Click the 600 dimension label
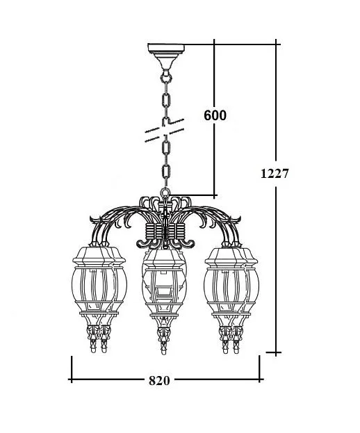(x=215, y=116)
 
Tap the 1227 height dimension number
(x=275, y=173)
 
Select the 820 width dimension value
(x=159, y=380)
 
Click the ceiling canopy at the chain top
(x=166, y=51)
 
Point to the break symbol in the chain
(x=166, y=130)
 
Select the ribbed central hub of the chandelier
(x=166, y=232)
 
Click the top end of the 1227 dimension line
(x=277, y=43)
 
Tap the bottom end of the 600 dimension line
(x=215, y=195)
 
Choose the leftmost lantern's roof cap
(x=88, y=253)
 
